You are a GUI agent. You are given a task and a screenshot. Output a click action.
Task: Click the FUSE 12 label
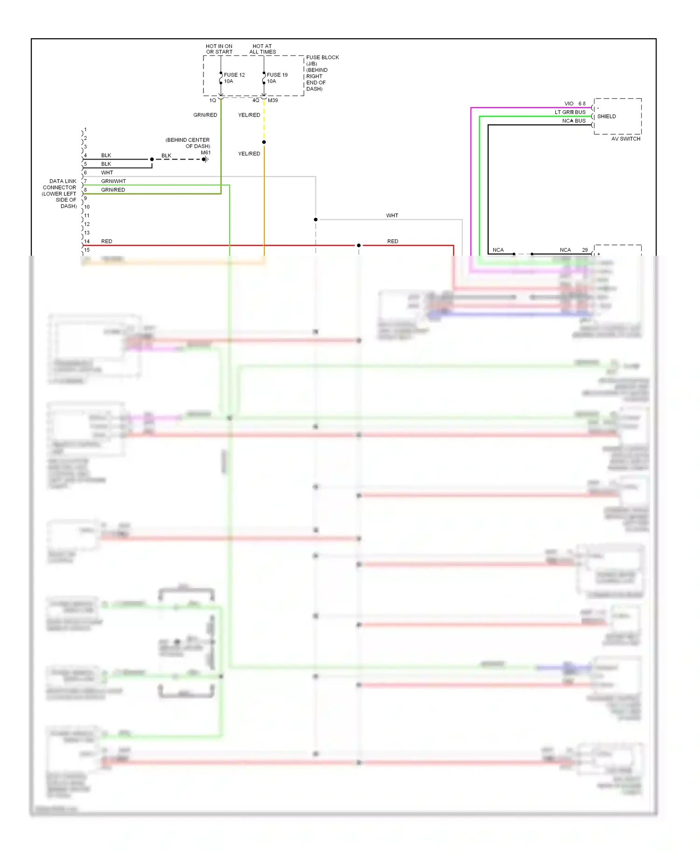click(x=234, y=75)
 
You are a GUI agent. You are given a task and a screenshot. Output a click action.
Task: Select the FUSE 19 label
click(x=277, y=75)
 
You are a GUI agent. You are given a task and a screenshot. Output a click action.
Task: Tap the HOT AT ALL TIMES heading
click(x=262, y=49)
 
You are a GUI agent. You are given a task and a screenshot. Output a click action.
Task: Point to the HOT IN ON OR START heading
click(x=219, y=49)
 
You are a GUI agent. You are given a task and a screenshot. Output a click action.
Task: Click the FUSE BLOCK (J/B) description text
click(x=322, y=73)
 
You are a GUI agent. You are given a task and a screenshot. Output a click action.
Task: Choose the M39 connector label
click(x=273, y=100)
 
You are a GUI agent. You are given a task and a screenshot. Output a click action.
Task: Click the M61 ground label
click(x=205, y=153)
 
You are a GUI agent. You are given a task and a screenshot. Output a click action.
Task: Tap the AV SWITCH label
click(x=625, y=139)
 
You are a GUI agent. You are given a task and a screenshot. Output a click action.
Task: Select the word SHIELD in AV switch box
click(x=606, y=116)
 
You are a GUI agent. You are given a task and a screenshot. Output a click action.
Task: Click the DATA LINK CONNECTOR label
click(x=60, y=193)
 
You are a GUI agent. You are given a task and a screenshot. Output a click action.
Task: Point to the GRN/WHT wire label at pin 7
click(x=113, y=181)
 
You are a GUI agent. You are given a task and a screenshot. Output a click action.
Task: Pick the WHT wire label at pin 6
click(x=107, y=173)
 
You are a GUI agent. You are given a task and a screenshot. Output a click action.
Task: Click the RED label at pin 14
click(x=106, y=241)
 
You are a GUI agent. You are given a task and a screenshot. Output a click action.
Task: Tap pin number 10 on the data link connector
click(x=87, y=207)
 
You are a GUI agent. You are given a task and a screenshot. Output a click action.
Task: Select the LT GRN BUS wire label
click(x=570, y=112)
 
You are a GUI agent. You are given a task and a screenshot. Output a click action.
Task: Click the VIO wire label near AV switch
click(x=568, y=104)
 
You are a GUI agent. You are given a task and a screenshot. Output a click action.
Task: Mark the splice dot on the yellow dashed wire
click(x=264, y=142)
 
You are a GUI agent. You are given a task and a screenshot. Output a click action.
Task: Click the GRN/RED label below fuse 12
click(x=205, y=115)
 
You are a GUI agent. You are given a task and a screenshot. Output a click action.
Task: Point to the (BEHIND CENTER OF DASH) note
click(x=188, y=143)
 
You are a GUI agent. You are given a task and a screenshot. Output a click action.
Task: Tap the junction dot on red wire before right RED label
click(x=358, y=245)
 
